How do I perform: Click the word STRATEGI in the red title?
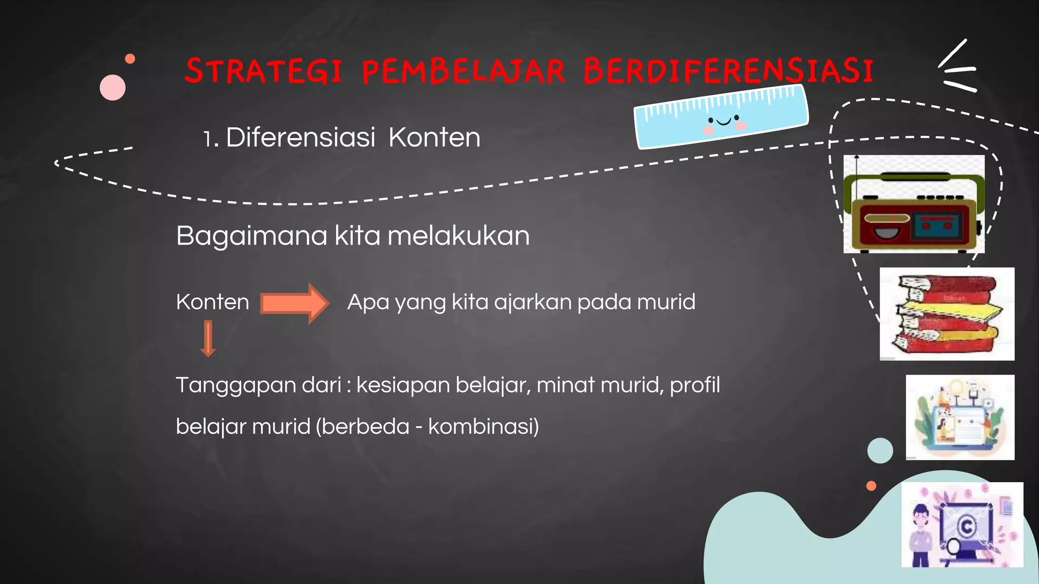263,71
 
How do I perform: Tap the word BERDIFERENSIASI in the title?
729,71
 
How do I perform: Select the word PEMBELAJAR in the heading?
463,71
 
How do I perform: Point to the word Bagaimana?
251,236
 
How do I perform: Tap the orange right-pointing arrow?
295,303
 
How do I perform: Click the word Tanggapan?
258,385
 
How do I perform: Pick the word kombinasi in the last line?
481,426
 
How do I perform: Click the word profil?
695,385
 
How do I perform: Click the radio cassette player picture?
914,204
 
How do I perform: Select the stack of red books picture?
947,314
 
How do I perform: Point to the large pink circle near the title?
113,88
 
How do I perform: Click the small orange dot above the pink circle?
130,59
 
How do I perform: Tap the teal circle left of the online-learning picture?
880,450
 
